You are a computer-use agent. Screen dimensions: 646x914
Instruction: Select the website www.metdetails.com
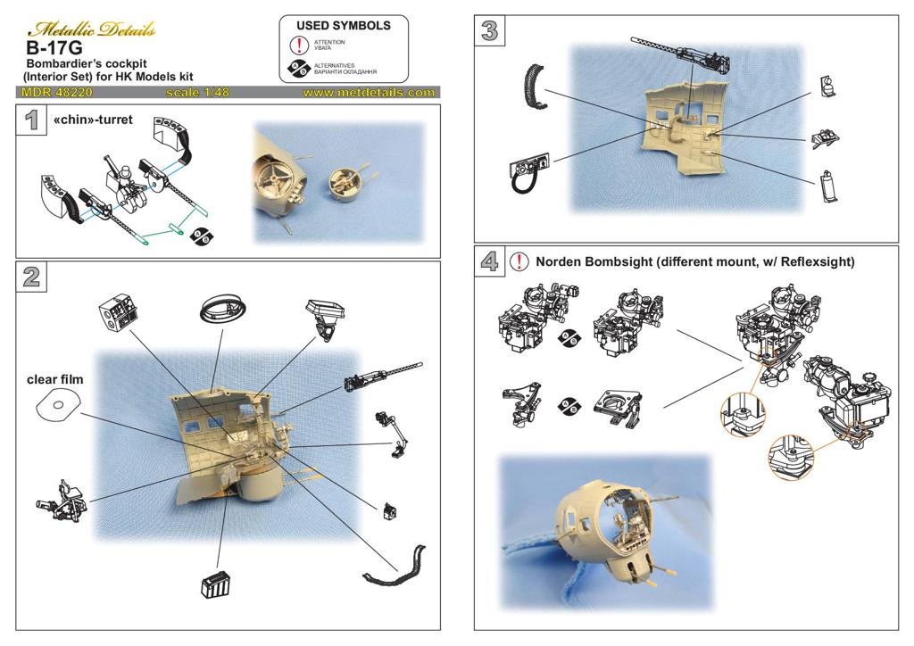(x=369, y=92)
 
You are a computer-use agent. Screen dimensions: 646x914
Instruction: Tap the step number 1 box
(x=31, y=120)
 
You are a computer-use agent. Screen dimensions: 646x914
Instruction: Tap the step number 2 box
(x=31, y=277)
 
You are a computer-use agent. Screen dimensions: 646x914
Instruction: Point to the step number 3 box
(x=489, y=30)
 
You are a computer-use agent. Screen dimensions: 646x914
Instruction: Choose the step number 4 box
(x=489, y=261)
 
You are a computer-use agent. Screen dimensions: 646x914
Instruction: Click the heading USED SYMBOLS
(x=344, y=26)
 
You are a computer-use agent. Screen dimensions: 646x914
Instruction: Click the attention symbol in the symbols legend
(x=299, y=45)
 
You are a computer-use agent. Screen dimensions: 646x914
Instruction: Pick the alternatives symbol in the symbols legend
(x=299, y=68)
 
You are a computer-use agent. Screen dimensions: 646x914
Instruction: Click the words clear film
(x=55, y=380)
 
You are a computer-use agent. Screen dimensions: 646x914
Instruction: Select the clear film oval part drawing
(x=55, y=407)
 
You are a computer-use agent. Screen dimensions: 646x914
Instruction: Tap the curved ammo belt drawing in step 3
(x=534, y=89)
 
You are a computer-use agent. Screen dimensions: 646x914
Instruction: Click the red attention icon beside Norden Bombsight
(x=519, y=261)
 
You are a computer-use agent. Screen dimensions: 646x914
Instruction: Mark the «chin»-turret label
(x=93, y=119)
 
